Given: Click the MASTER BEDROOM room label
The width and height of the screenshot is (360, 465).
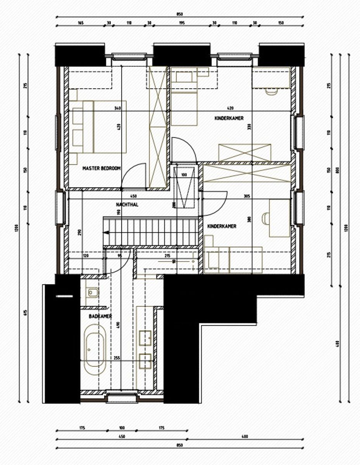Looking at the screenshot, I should (102, 169).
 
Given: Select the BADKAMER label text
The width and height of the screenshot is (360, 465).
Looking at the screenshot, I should (100, 317).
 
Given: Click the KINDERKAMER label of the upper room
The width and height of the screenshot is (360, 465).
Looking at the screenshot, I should (229, 118).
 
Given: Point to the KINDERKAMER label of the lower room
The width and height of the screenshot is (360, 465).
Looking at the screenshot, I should (222, 226).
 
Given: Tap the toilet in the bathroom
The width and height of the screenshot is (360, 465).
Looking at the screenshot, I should (92, 292).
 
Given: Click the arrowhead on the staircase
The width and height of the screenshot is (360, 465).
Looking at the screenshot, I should (105, 232).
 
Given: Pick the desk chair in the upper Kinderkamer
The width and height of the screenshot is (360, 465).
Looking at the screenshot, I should (271, 92).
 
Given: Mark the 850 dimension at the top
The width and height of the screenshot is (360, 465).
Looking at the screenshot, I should (179, 14).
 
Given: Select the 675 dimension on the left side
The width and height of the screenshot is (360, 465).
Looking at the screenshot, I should (25, 313).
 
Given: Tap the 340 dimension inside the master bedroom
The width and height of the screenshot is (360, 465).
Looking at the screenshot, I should (118, 108).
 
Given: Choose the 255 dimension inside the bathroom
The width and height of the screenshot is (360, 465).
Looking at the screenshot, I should (117, 358).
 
